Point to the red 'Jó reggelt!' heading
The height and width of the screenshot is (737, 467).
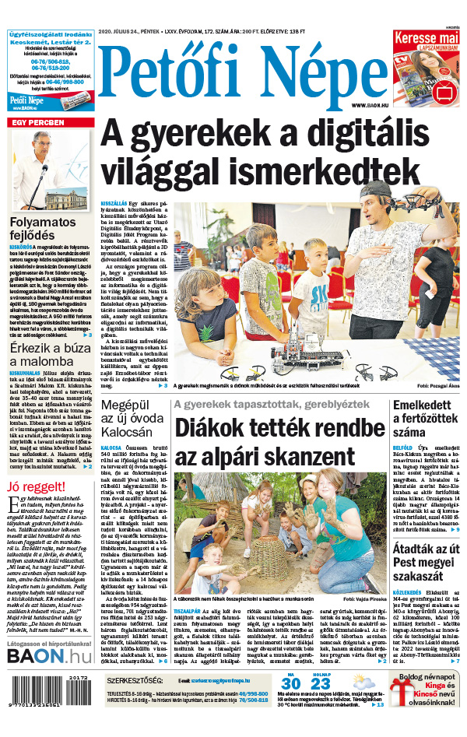tap(37, 487)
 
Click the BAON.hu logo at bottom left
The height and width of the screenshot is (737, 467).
tap(49, 634)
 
